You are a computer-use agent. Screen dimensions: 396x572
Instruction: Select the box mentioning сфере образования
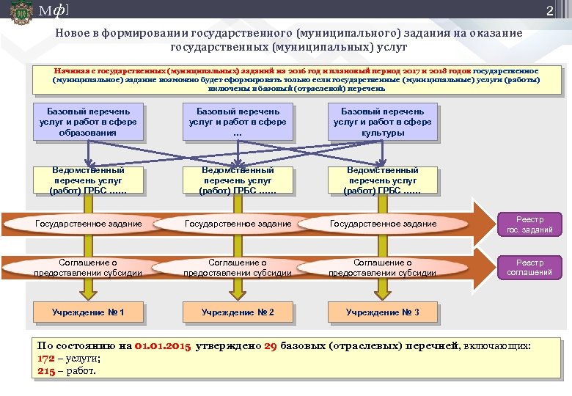(x=88, y=122)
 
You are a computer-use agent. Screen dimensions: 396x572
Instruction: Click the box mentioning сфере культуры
(x=383, y=122)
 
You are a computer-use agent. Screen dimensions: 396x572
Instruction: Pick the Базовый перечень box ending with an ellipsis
(x=236, y=122)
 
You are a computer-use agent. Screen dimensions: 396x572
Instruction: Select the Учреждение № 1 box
(x=88, y=312)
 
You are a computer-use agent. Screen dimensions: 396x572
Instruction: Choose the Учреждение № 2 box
(x=238, y=312)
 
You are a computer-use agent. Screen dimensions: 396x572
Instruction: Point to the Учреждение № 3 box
(x=383, y=312)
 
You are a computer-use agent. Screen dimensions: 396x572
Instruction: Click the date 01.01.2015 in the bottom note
(x=164, y=346)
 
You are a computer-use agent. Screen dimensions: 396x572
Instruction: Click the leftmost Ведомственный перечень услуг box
(x=88, y=180)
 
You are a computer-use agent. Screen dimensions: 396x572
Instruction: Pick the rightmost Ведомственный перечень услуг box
(x=383, y=180)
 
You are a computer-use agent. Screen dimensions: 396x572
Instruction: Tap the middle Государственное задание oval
(x=238, y=223)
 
